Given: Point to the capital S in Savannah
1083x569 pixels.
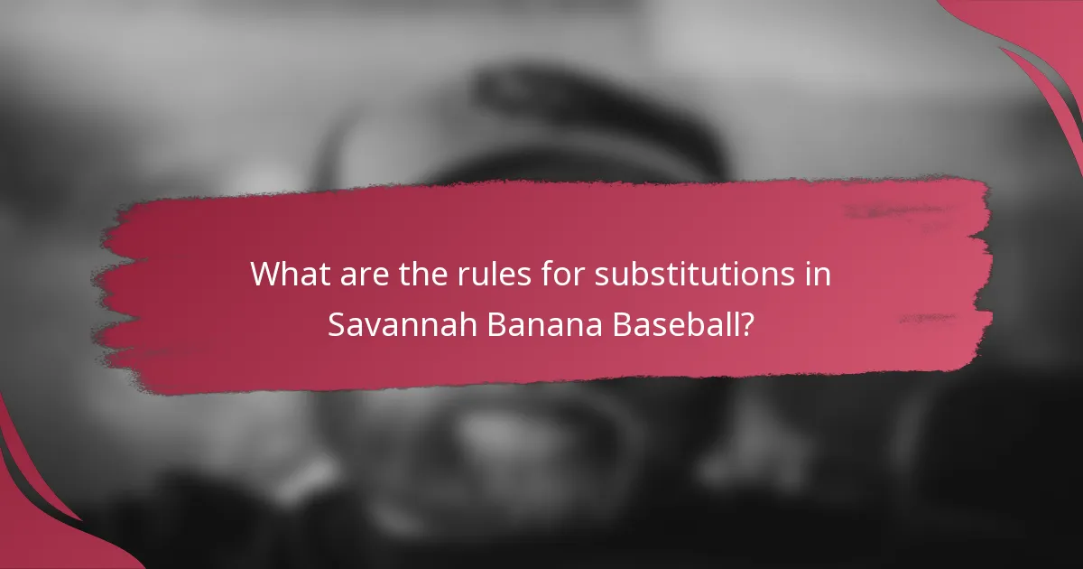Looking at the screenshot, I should click(x=336, y=324).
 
